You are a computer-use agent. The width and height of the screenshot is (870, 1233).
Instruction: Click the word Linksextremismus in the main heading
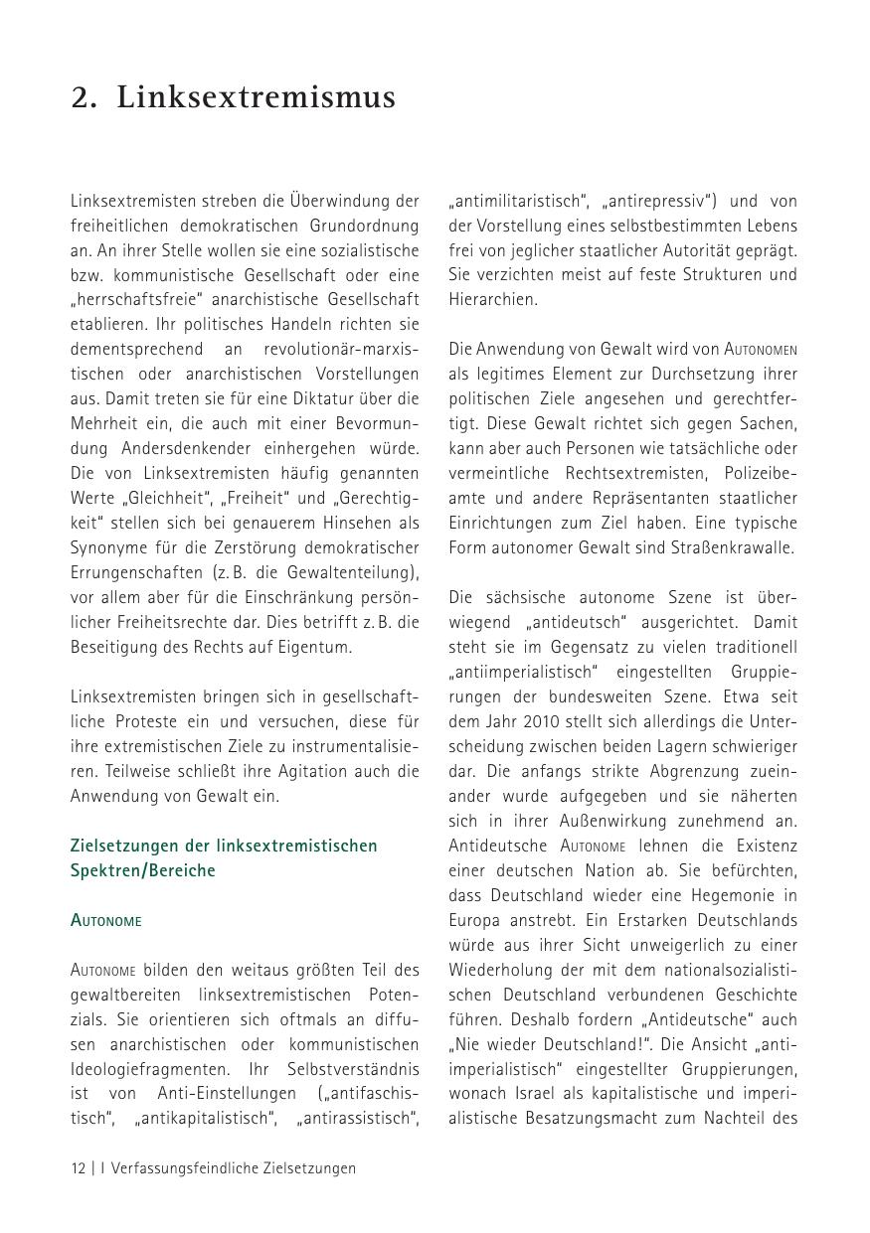(256, 97)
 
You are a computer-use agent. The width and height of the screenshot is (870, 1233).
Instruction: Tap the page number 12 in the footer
(79, 1168)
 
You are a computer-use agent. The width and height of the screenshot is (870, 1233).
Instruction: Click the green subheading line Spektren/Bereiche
(143, 870)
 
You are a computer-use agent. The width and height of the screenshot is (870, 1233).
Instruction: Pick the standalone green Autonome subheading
(106, 920)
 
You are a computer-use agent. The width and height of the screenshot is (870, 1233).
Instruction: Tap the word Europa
(473, 920)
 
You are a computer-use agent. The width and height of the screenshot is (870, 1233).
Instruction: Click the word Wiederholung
(498, 970)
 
